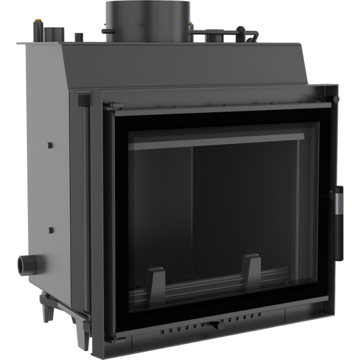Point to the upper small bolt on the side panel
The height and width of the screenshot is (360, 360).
click(x=50, y=145)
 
